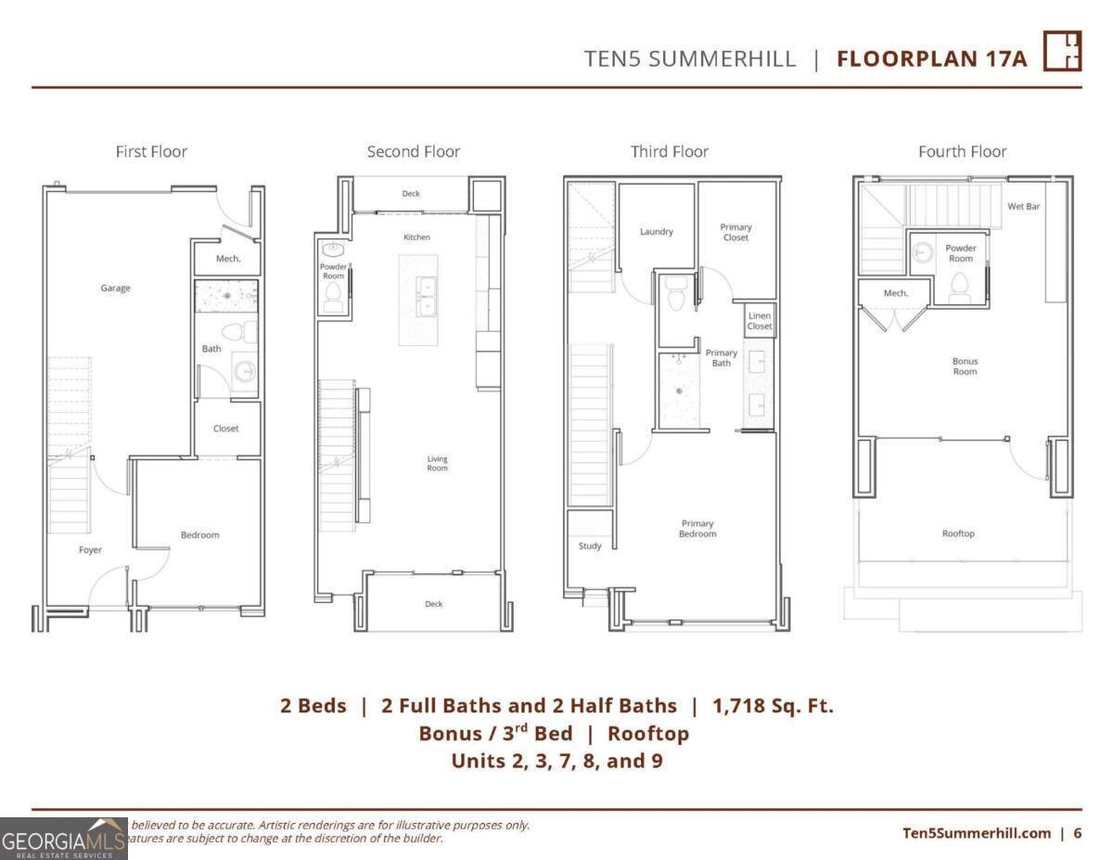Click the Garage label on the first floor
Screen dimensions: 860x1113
point(116,289)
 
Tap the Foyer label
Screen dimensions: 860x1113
point(90,550)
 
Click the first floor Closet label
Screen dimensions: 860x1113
point(225,429)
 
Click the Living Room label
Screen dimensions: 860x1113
point(437,463)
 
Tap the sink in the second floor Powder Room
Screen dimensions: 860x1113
point(332,249)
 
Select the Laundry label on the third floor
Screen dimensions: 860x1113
point(656,232)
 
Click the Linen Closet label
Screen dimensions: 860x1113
point(760,321)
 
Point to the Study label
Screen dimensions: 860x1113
point(590,546)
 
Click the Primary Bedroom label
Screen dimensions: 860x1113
point(697,529)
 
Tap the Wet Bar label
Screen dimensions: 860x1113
point(1024,206)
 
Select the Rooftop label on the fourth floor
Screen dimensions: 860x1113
point(958,533)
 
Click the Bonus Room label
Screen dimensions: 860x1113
point(965,366)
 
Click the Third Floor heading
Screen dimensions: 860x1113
point(670,151)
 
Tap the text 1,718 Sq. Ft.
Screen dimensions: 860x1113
point(773,705)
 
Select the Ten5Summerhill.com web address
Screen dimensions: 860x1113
point(976,832)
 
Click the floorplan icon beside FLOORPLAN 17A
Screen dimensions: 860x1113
point(1063,51)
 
